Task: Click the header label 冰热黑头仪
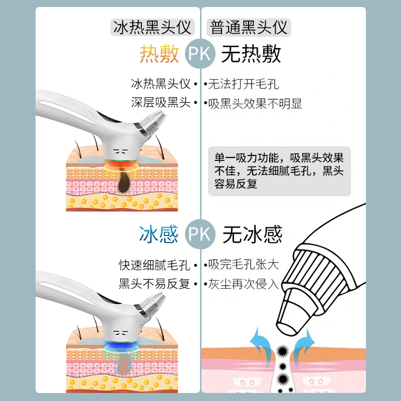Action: (152, 27)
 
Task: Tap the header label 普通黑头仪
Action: (249, 27)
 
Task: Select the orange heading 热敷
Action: (159, 54)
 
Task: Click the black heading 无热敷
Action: (251, 54)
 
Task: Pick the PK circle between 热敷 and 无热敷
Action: (200, 54)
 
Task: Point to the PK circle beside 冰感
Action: (200, 234)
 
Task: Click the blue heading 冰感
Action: (159, 234)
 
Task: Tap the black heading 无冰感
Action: (252, 234)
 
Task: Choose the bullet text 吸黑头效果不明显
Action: (255, 104)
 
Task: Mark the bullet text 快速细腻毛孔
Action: (155, 264)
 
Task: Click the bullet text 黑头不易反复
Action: (155, 284)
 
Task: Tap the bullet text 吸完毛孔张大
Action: (243, 264)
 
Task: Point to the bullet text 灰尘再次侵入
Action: (243, 284)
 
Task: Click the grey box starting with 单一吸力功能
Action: (279, 171)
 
